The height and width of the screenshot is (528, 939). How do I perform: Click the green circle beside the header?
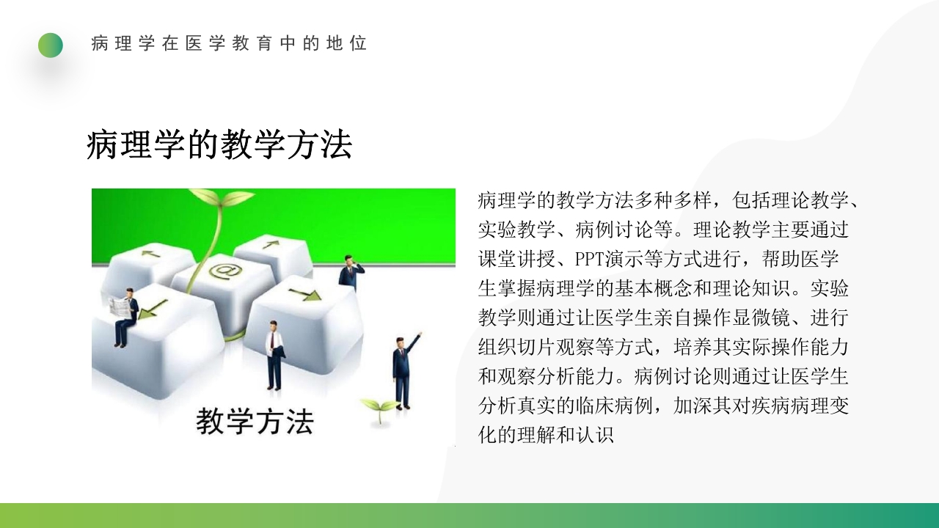[x=51, y=45]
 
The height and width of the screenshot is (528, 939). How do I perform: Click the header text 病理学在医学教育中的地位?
[x=229, y=43]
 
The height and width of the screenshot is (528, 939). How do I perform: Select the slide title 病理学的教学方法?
[x=219, y=144]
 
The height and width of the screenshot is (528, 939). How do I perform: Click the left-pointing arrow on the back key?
[x=151, y=254]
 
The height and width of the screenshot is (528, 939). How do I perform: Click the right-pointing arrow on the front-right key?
[x=304, y=295]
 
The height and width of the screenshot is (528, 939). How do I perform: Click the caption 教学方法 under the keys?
[x=255, y=422]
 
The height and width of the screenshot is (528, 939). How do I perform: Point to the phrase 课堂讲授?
[x=516, y=260]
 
